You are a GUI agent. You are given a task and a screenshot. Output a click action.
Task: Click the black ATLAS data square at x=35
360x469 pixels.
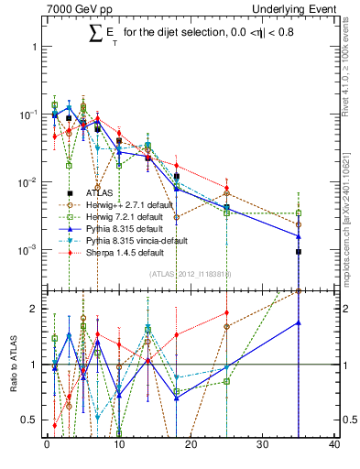(x=299, y=251)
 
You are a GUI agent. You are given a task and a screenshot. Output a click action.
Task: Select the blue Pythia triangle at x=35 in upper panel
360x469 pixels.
(x=299, y=236)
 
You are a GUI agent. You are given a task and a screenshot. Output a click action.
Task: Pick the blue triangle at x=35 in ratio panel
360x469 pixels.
(x=299, y=322)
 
